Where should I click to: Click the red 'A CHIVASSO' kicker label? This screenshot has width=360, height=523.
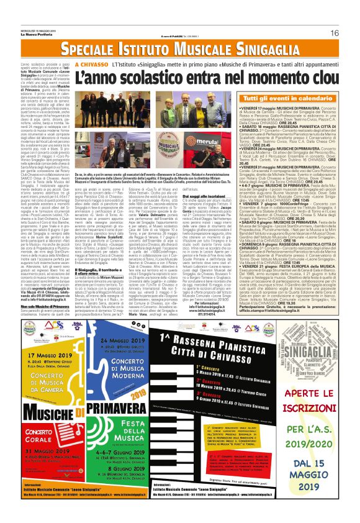(92, 64)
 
